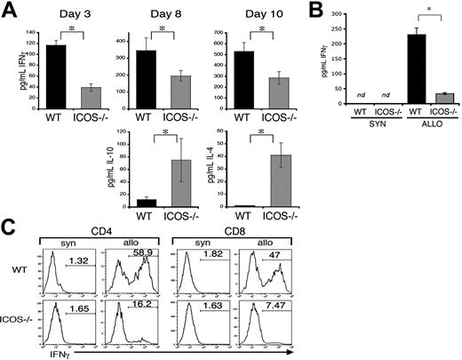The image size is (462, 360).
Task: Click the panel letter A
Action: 9,11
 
